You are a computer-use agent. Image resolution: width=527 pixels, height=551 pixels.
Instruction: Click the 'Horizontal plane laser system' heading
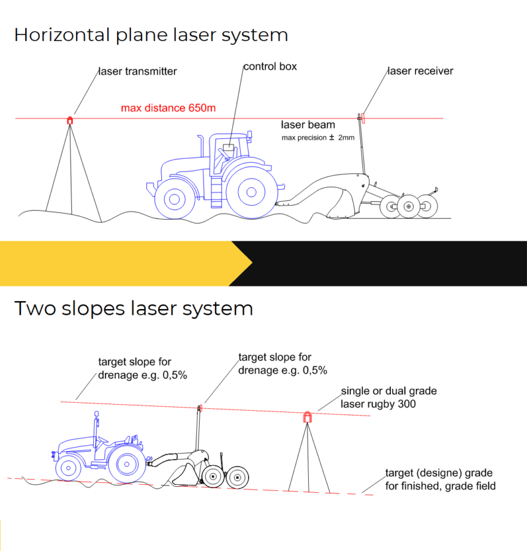pos(151,35)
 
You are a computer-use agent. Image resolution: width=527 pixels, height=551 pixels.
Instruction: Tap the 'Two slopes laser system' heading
pos(134,308)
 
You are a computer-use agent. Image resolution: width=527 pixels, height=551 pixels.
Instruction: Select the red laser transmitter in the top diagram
pos(70,121)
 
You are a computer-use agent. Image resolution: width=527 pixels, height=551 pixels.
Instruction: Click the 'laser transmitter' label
pos(137,72)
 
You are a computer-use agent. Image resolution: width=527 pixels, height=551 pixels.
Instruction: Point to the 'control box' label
pos(270,66)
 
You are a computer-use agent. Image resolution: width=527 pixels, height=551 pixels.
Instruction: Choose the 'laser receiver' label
pos(420,71)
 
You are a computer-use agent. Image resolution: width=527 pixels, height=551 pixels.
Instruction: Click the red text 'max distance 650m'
pos(168,108)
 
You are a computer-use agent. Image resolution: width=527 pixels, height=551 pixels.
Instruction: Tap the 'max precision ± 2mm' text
pos(318,138)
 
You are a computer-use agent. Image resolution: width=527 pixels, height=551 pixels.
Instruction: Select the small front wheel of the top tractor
pos(173,198)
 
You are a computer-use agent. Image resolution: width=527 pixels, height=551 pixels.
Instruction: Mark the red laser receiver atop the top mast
pos(362,116)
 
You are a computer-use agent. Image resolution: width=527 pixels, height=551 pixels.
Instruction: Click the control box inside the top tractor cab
pos(229,148)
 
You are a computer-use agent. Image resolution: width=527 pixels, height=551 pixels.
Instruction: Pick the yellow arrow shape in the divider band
pos(123,263)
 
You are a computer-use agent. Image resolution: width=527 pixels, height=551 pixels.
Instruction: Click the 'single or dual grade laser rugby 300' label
pos(389,397)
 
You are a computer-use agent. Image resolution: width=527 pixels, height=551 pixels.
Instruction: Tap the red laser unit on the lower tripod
pos(308,418)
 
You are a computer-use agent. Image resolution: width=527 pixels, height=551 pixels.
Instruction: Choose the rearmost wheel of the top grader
pos(427,206)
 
